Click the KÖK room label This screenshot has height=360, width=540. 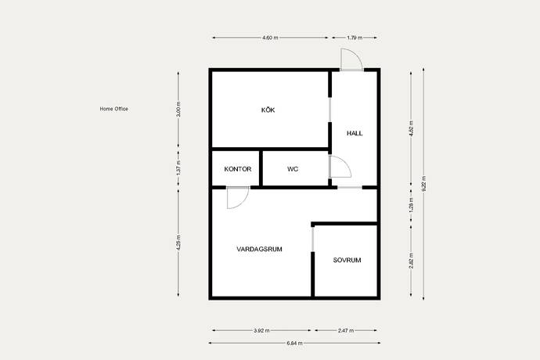268,110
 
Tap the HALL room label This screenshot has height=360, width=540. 355,133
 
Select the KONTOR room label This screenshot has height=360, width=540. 238,169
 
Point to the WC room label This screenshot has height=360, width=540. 293,169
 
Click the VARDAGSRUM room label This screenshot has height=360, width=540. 259,249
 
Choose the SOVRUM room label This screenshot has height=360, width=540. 347,260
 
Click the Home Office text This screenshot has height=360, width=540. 114,109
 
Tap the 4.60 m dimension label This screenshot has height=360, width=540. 270,38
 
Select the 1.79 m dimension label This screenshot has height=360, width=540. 355,38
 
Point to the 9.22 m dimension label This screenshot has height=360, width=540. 423,184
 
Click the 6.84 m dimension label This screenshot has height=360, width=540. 294,343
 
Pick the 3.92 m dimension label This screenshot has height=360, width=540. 261,330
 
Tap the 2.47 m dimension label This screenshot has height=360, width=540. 346,330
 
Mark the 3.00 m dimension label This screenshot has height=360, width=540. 178,110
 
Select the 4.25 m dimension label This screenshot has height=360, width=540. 178,243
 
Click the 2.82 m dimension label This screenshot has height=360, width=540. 411,261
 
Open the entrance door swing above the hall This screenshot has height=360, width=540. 356,53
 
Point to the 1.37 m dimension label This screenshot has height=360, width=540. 178,168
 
